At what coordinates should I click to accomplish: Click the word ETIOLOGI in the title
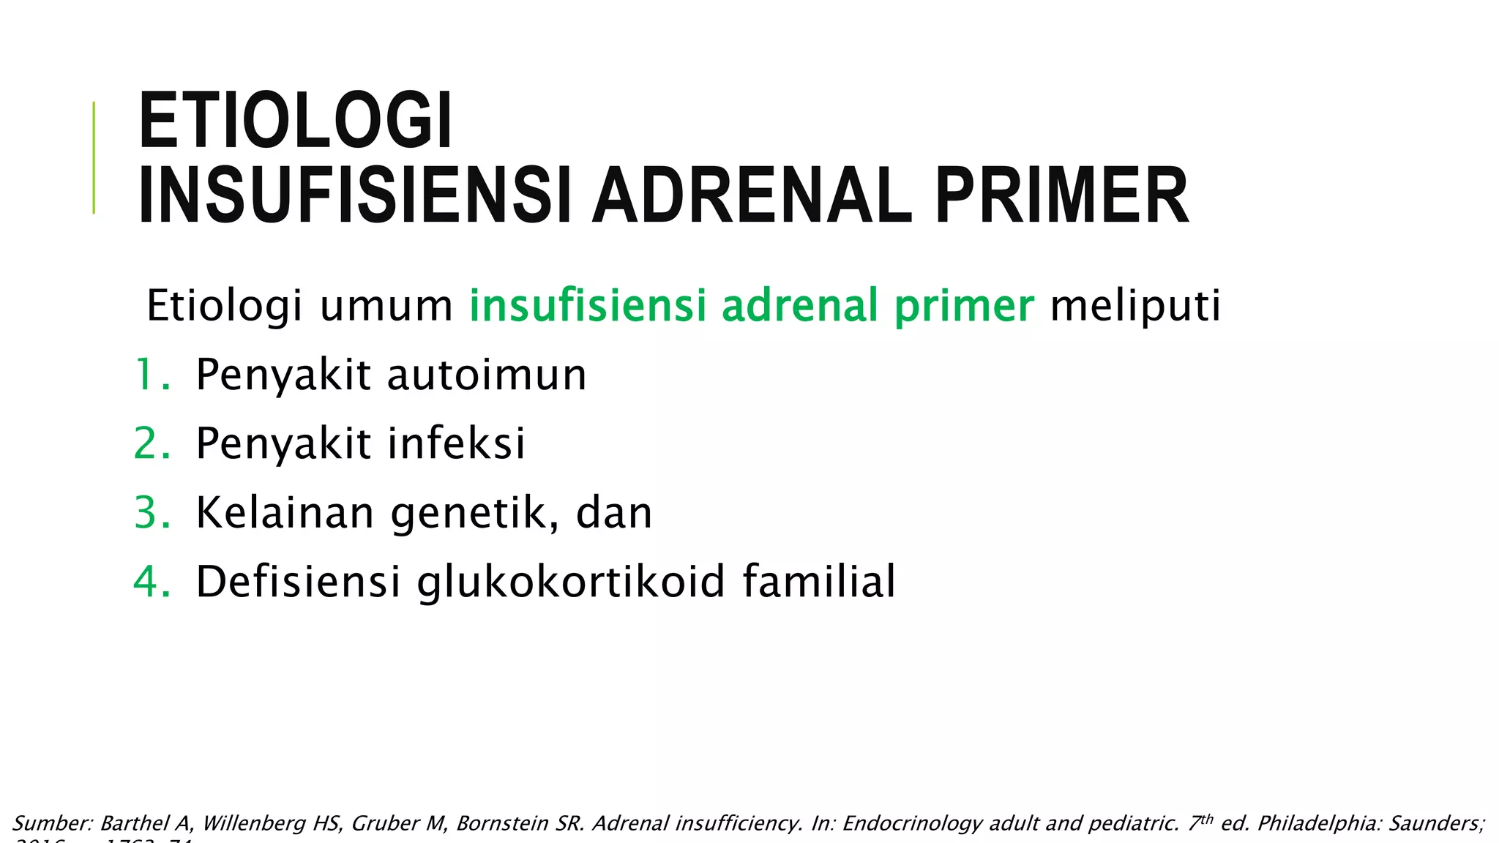[296, 121]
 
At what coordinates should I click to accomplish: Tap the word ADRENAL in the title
[752, 196]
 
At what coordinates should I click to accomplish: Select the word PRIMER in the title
[1061, 196]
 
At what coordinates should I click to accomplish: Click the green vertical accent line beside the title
[94, 157]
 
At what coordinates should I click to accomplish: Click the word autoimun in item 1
[487, 375]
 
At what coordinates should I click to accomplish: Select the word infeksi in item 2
[456, 443]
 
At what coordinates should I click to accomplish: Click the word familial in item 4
[819, 582]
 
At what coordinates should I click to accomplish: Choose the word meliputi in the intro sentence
[1135, 306]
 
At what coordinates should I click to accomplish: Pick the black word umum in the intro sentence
[386, 306]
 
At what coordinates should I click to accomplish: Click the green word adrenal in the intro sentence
[799, 306]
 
